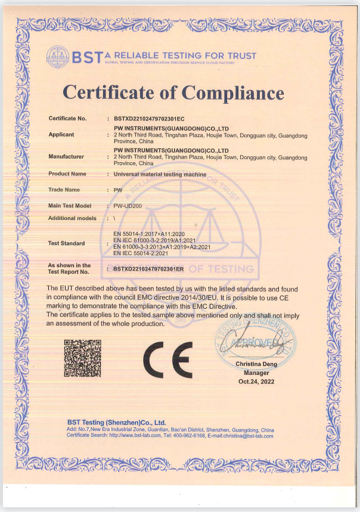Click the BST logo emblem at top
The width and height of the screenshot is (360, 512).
(58, 58)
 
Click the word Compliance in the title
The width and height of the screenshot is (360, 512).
(232, 92)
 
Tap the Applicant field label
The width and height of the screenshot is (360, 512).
(61, 135)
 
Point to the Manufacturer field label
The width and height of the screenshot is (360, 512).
(66, 157)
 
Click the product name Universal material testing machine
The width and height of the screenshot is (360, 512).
(160, 174)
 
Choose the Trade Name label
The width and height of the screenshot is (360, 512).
(64, 190)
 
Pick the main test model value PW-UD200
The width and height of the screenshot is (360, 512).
(128, 206)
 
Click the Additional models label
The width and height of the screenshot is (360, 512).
(72, 218)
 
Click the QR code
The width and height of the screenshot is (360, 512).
(82, 357)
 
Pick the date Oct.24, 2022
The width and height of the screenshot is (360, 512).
(256, 381)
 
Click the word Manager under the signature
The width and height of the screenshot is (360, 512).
(256, 373)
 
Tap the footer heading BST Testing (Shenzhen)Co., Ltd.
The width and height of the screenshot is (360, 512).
(116, 423)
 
